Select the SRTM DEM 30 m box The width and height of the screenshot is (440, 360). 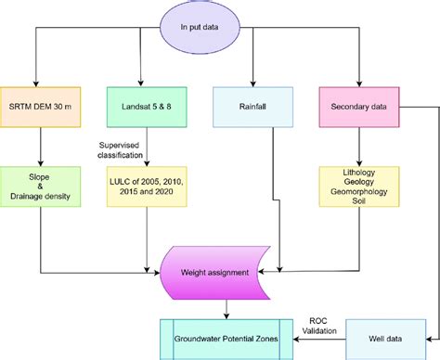pos(41,105)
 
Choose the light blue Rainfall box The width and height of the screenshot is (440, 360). pos(252,105)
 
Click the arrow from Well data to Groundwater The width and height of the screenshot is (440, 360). pos(320,340)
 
